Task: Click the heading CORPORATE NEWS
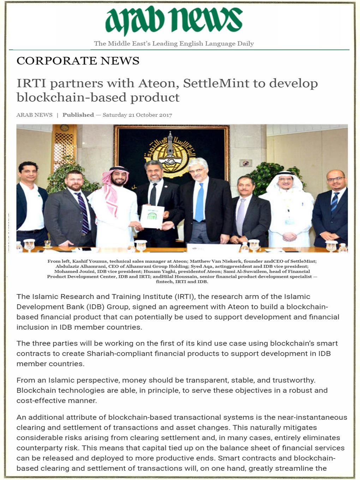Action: coord(78,61)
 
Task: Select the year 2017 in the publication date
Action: coord(166,115)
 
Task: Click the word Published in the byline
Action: coord(78,115)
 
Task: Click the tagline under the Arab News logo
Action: coord(174,44)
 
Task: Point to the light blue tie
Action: coord(199,203)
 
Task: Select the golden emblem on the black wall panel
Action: coord(171,152)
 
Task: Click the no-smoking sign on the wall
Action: coord(246,163)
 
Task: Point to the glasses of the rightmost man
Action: coord(335,179)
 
